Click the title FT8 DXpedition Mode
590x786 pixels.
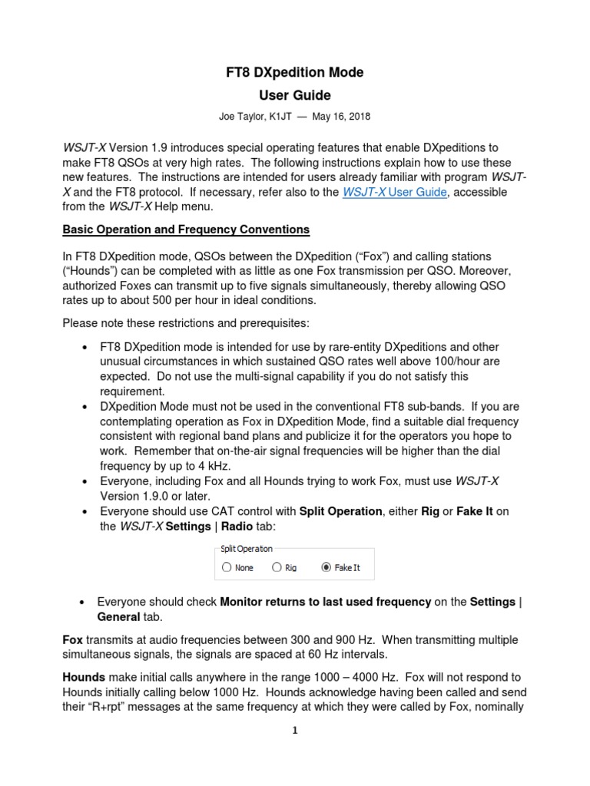coord(295,73)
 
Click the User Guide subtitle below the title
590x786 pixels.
coord(295,96)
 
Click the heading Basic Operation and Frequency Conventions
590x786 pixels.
coord(186,229)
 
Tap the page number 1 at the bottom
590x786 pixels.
coord(294,731)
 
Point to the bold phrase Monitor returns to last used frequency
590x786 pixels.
coord(325,602)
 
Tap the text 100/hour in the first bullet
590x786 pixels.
coord(452,362)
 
